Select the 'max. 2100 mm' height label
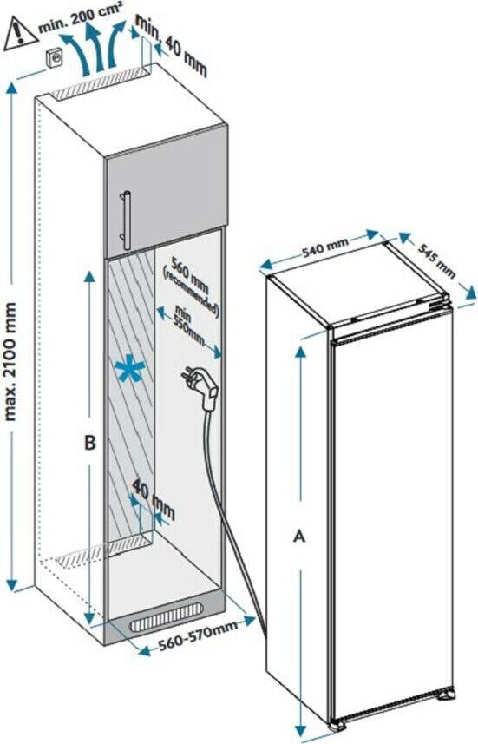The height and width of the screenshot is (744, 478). [10, 361]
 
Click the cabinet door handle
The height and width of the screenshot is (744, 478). [125, 220]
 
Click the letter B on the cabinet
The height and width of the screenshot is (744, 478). [89, 442]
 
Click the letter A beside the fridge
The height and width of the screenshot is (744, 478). [299, 536]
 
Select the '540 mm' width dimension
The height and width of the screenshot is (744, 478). [325, 247]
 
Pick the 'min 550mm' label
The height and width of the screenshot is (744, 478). [189, 324]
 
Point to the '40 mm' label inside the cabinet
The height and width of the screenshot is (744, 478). [154, 499]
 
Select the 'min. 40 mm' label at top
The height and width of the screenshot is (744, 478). [173, 45]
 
